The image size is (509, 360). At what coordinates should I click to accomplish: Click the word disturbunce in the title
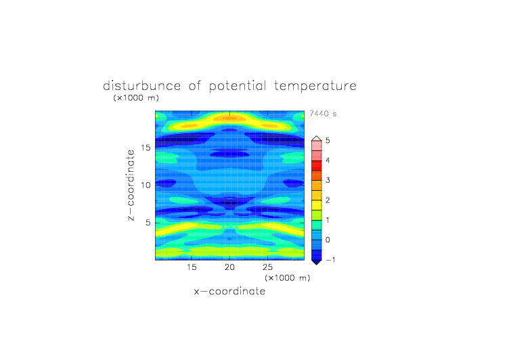click(x=141, y=86)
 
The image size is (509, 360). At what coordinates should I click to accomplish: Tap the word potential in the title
click(x=238, y=87)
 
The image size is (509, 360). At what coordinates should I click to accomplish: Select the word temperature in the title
click(x=315, y=87)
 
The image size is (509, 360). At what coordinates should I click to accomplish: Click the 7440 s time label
click(x=323, y=114)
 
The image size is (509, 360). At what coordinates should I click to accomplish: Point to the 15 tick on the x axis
click(x=192, y=267)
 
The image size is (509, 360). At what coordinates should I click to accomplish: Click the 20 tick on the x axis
click(x=229, y=267)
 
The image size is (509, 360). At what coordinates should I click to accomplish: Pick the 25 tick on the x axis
click(x=267, y=267)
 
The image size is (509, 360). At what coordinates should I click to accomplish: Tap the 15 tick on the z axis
click(x=146, y=148)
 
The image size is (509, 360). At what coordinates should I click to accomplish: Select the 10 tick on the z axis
click(x=146, y=185)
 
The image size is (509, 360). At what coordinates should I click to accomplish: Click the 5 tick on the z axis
click(x=148, y=223)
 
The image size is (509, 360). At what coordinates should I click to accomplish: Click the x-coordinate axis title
click(x=229, y=291)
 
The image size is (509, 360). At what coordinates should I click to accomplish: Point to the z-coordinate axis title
click(x=131, y=185)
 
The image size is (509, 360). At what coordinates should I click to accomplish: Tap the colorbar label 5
click(x=328, y=141)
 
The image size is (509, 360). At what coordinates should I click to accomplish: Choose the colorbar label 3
click(x=328, y=180)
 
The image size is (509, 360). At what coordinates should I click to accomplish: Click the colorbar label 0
click(x=328, y=240)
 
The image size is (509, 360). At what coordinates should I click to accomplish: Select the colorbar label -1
click(x=330, y=260)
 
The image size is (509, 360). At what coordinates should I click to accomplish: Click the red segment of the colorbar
click(x=317, y=166)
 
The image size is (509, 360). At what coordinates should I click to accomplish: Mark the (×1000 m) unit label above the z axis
click(x=136, y=97)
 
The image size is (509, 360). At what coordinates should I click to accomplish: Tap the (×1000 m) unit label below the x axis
click(x=287, y=278)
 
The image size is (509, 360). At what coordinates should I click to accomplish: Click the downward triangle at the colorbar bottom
click(x=317, y=262)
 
